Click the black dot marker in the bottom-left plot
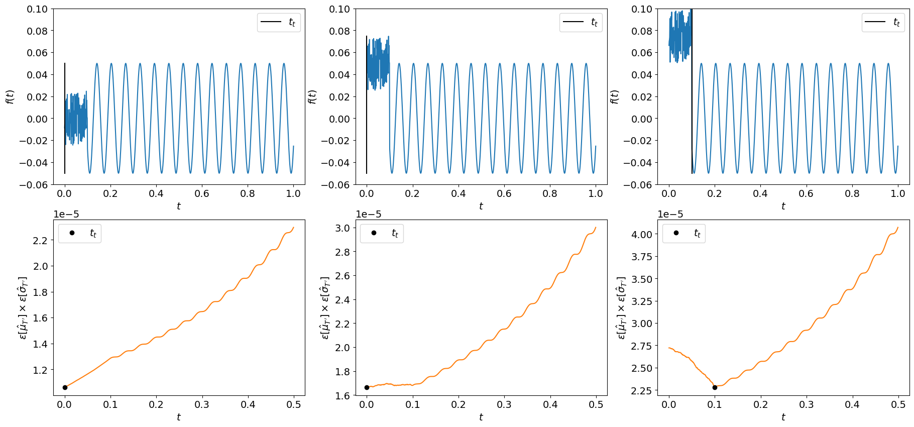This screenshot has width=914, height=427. click(65, 387)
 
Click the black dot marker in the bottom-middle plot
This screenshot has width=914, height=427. click(367, 387)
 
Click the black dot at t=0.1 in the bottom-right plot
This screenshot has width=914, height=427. click(715, 387)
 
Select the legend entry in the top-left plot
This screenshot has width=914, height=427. click(279, 22)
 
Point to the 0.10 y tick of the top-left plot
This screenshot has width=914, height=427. click(37, 9)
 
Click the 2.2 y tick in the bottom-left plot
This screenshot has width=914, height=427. click(40, 241)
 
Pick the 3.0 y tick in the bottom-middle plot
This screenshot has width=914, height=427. click(342, 228)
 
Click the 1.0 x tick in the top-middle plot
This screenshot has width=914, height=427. click(596, 193)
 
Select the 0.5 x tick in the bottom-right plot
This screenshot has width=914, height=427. click(898, 404)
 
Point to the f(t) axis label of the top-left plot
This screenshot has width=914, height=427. click(10, 96)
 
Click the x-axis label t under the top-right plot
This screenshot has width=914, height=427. click(783, 206)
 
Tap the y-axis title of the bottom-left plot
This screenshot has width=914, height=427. click(23, 307)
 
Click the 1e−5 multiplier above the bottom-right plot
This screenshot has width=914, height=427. click(670, 215)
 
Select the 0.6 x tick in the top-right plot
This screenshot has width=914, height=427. click(806, 193)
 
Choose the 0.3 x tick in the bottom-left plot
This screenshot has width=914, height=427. click(202, 404)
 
